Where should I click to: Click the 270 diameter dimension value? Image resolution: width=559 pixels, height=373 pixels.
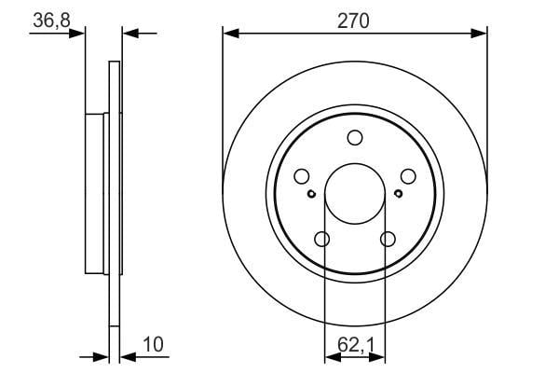[353, 21]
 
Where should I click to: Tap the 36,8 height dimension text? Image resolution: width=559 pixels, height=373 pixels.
[51, 20]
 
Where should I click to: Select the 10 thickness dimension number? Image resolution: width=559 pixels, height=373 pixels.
[153, 345]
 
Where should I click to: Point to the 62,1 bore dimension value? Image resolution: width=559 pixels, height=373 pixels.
[356, 345]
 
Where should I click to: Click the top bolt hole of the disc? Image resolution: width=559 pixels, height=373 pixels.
[355, 138]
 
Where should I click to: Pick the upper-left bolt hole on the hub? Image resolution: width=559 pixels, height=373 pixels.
[302, 176]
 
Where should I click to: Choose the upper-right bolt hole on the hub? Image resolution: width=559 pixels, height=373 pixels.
[408, 176]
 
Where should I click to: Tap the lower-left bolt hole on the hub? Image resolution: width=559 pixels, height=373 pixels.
[322, 239]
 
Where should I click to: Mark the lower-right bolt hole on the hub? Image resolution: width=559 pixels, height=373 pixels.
[388, 239]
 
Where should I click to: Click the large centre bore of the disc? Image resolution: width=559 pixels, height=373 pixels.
[355, 194]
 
